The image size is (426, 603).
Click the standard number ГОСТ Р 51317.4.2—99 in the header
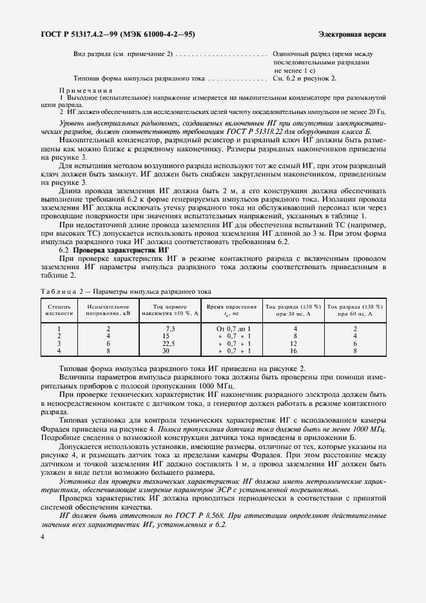click(73, 33)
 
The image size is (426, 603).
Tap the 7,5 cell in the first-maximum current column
click(170, 328)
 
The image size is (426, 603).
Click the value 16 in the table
click(294, 351)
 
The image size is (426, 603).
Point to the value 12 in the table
click(294, 343)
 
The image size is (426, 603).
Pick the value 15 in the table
click(166, 336)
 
